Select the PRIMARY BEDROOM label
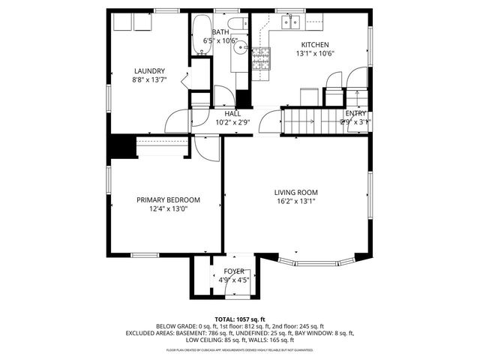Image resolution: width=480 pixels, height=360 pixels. [x=168, y=199]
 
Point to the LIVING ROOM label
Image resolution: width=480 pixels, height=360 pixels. [x=295, y=192]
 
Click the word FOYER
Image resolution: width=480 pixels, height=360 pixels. [x=233, y=271]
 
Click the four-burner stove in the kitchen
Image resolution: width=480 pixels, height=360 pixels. [x=260, y=57]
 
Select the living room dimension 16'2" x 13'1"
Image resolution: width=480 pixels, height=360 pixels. [x=295, y=201]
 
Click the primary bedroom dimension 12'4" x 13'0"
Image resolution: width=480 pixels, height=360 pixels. [x=168, y=208]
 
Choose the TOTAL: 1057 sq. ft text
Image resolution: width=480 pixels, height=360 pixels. [x=240, y=319]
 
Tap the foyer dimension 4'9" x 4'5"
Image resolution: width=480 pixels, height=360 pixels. [x=233, y=280]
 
